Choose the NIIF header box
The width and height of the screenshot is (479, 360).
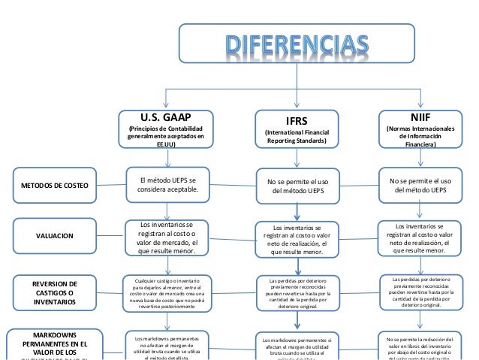click(x=420, y=132)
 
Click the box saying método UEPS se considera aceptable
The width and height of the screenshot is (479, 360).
click(x=167, y=185)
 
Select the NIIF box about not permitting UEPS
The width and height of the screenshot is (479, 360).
click(x=420, y=186)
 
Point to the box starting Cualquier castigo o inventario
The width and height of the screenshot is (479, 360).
click(x=167, y=293)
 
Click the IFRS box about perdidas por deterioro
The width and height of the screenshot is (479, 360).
click(x=297, y=294)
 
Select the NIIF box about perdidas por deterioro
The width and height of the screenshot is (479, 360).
click(x=420, y=292)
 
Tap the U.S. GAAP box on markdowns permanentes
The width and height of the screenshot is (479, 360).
click(x=167, y=346)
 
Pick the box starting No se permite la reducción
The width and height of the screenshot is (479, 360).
click(x=420, y=346)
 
